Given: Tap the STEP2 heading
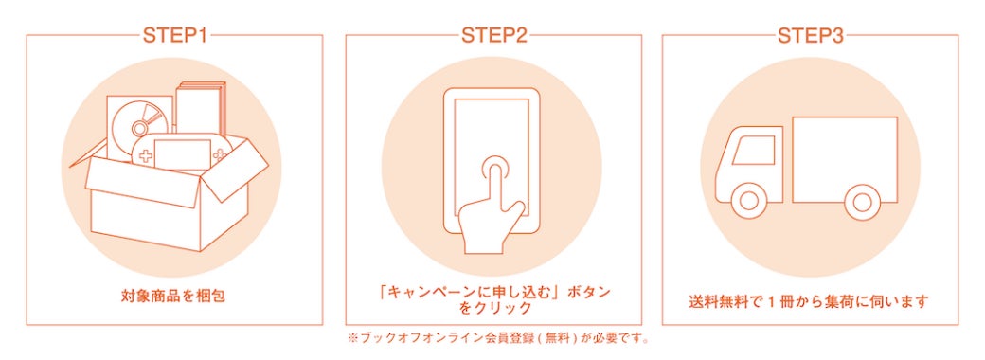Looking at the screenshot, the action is [x=493, y=35].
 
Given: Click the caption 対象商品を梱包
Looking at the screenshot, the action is [x=172, y=296].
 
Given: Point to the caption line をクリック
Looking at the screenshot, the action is [x=493, y=309].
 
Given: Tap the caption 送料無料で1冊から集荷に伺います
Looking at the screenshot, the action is [x=809, y=302].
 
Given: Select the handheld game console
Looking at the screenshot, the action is [x=182, y=153].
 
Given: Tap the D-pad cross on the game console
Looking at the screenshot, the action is [x=145, y=157].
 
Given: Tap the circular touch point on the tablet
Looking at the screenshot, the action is [x=496, y=170].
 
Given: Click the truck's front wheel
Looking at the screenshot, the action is [x=749, y=202].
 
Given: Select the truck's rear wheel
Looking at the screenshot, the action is [x=862, y=202].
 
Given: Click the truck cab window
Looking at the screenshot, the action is [x=753, y=151].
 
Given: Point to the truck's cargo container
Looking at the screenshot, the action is [x=845, y=159].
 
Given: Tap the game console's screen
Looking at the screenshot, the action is [x=182, y=153].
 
